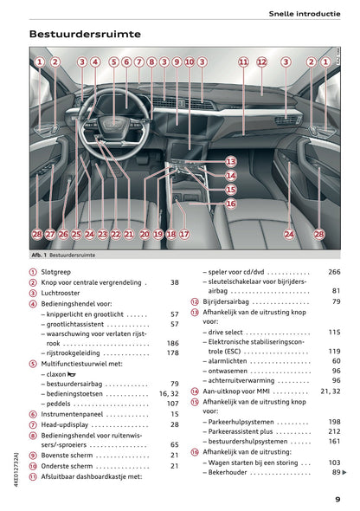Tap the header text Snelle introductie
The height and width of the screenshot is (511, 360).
305,13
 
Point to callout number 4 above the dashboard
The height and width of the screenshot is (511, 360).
95,62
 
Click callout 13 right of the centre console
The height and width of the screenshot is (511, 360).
230,162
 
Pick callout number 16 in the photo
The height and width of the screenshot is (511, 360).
230,204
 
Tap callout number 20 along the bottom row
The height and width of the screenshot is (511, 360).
145,234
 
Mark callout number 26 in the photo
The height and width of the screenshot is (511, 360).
63,234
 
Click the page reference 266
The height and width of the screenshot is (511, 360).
334,271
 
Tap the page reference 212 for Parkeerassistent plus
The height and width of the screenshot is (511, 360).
334,430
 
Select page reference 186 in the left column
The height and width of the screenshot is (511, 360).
172,343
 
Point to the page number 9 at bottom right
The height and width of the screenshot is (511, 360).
337,499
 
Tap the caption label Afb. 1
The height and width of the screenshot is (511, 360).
38,255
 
